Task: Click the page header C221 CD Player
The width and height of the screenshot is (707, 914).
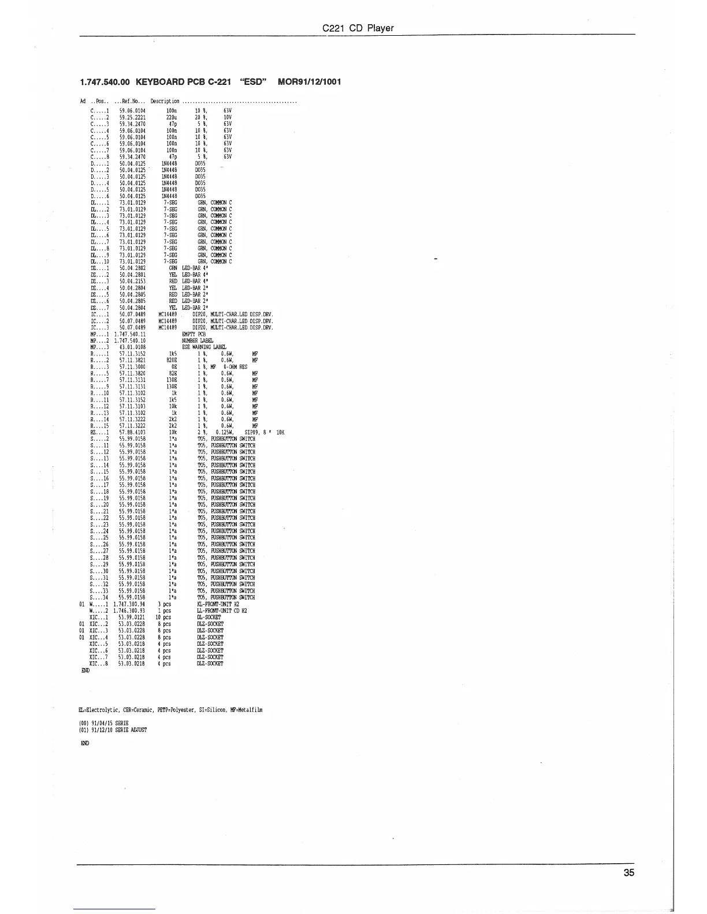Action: point(358,28)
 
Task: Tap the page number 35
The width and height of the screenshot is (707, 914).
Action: point(628,872)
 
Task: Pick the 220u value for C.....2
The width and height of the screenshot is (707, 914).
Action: point(171,117)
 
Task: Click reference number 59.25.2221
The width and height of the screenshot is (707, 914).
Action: point(132,117)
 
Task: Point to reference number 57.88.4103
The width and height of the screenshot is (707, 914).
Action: point(132,432)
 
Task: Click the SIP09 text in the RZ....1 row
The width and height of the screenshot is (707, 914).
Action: point(252,432)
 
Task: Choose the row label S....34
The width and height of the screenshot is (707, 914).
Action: point(99,597)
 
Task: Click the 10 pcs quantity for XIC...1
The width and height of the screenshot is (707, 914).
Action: point(163,617)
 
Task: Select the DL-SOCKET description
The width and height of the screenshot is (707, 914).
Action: point(209,617)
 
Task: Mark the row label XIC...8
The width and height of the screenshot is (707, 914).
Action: point(99,664)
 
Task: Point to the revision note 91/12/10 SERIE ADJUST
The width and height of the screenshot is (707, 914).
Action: point(113,730)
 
